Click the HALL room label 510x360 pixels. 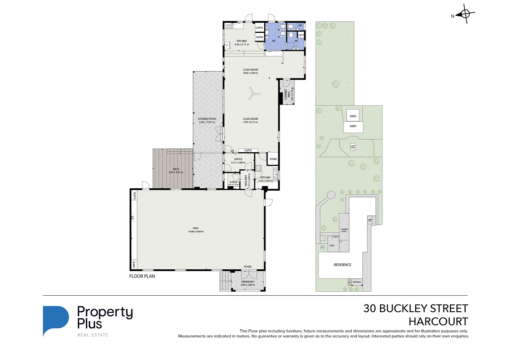tap(196, 228)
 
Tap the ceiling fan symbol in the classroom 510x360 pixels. tap(254, 94)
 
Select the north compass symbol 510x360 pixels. tap(465, 14)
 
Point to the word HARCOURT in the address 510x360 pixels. tap(438, 322)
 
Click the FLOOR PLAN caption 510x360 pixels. tap(142, 276)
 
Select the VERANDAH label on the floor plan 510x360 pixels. tap(248, 282)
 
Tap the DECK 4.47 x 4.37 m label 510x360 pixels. tap(176, 171)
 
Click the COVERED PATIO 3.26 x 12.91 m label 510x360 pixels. tap(207, 120)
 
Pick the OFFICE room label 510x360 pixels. tap(238, 159)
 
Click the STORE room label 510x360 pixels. tap(273, 159)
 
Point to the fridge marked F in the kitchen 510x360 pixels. tap(227, 45)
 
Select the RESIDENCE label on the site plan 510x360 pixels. tap(342, 265)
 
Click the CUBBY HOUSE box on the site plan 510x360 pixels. tap(353, 146)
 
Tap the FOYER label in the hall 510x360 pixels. tap(248, 267)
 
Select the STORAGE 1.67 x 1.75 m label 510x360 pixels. tap(233, 183)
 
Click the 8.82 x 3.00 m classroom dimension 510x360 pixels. tap(251, 73)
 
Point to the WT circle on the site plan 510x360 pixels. tap(322, 247)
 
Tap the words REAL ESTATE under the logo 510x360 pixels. tap(93, 335)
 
